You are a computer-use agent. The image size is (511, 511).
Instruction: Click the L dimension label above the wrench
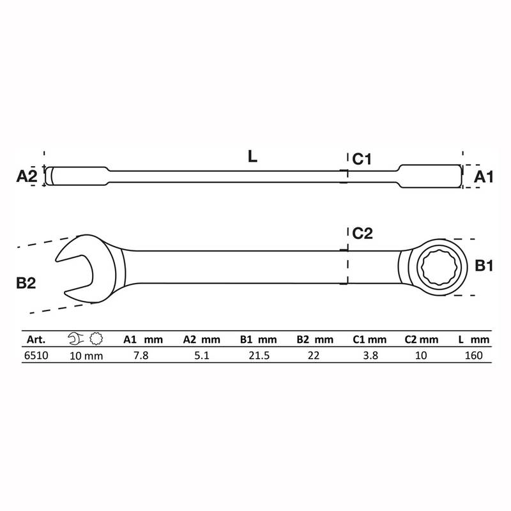pyautogui.click(x=252, y=156)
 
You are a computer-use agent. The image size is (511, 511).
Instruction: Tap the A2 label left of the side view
pyautogui.click(x=27, y=176)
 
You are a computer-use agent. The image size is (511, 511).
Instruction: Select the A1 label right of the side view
pyautogui.click(x=484, y=177)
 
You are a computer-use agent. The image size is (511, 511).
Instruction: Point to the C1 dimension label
pyautogui.click(x=362, y=159)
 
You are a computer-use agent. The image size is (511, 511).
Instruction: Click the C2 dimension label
pyautogui.click(x=362, y=233)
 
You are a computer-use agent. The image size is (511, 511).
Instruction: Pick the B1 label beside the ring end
pyautogui.click(x=484, y=266)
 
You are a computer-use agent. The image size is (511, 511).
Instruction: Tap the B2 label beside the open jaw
pyautogui.click(x=26, y=283)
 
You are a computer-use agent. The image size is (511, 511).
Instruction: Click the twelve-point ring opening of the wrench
pyautogui.click(x=441, y=267)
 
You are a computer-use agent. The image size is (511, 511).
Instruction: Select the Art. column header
pyautogui.click(x=36, y=340)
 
